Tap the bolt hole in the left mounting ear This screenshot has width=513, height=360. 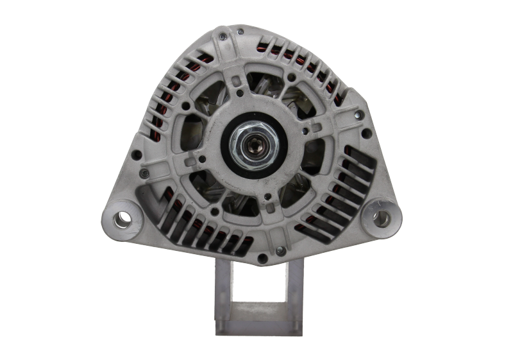[x=123, y=218]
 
